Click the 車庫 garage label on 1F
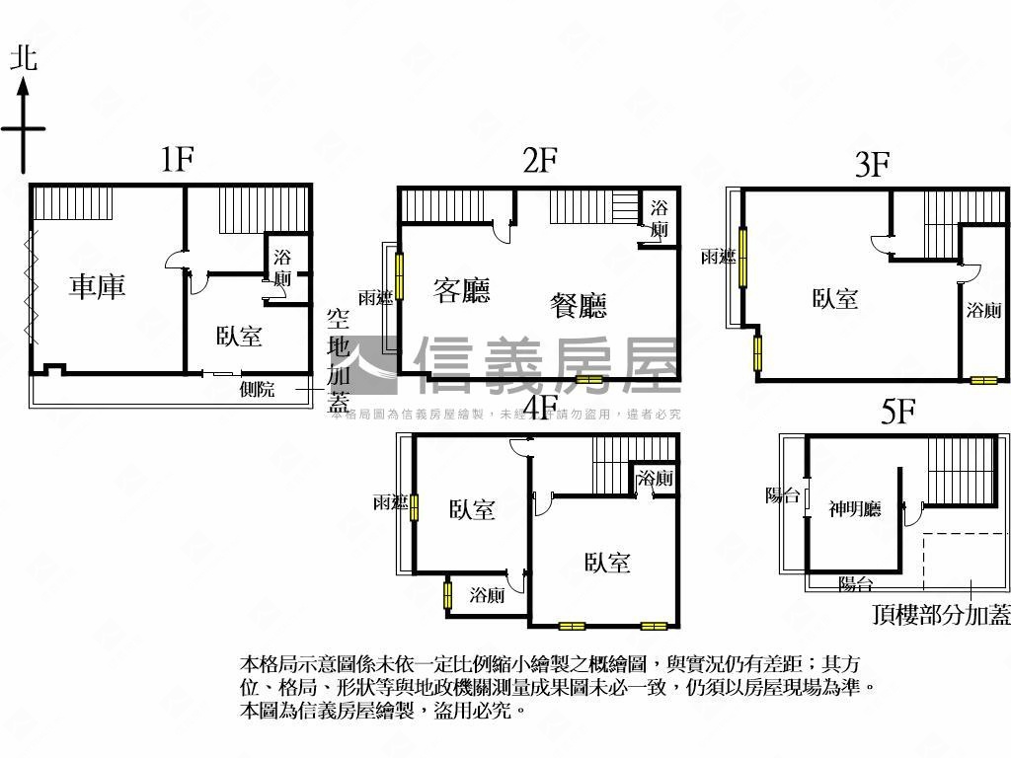tap(97, 287)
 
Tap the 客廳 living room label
tap(462, 290)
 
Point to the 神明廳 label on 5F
tap(854, 509)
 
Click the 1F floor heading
tap(177, 159)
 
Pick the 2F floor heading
tap(541, 159)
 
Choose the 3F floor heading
tap(873, 164)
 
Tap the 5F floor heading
tap(897, 413)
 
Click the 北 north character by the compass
tap(24, 58)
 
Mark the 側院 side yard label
tap(257, 389)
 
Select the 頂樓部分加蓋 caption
tap(942, 615)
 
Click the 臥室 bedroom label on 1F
tap(239, 336)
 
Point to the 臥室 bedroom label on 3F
tap(835, 298)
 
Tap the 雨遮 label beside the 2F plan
tap(375, 297)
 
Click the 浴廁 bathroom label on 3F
tap(983, 310)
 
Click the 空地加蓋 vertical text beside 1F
tap(339, 360)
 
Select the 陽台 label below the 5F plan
tap(855, 583)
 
